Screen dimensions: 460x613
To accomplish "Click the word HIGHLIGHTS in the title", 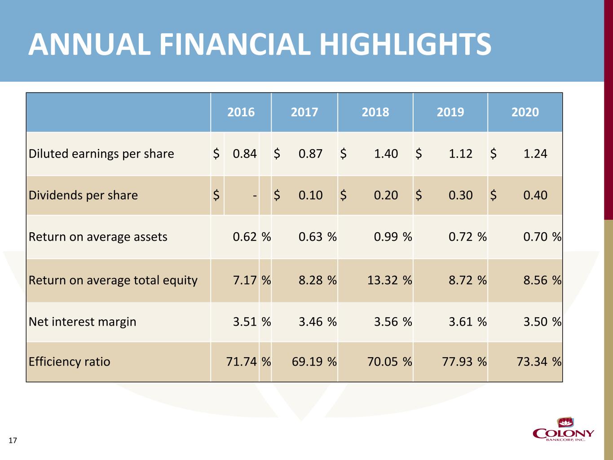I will [405, 44].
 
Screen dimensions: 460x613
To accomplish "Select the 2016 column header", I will [241, 112].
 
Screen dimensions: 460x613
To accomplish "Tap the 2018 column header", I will [375, 112].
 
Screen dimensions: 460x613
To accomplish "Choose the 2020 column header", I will [525, 112].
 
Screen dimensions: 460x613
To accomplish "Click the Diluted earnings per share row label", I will [101, 154].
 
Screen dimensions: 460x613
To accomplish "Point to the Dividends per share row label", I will [83, 195].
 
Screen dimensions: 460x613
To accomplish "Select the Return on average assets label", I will [98, 237].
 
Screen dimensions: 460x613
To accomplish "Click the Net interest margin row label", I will [82, 322].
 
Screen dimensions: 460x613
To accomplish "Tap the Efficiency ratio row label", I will [69, 362].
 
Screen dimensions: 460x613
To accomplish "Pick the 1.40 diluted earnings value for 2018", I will [386, 154].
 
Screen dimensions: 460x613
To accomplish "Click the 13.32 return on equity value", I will [383, 280].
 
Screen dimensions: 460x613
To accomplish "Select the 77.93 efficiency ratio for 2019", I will [457, 362].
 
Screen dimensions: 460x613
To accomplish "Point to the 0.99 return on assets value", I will [386, 237].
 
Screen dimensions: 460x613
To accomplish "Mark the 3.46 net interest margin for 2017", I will [310, 322].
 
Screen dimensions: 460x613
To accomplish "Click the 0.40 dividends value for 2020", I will [535, 195].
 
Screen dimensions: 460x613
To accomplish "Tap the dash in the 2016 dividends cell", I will [255, 195].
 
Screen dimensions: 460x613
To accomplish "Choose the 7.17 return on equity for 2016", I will [245, 280].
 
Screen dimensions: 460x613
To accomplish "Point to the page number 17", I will [13, 440].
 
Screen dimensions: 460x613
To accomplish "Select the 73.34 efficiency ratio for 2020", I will [532, 362].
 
